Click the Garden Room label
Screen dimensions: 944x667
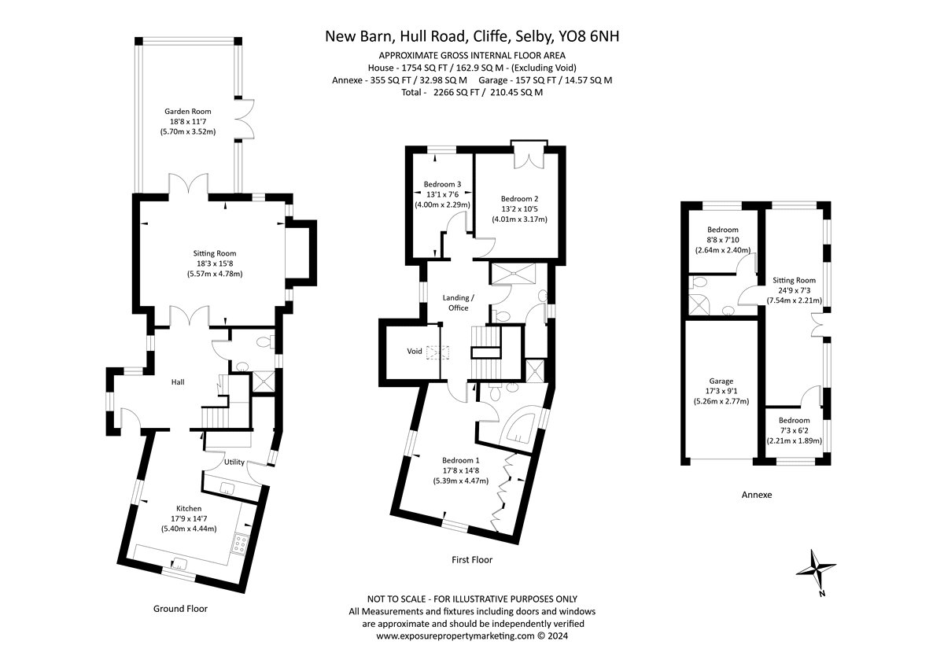click(187, 111)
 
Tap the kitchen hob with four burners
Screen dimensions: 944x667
click(239, 544)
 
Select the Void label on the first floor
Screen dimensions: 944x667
click(415, 351)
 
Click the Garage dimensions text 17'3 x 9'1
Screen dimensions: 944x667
click(721, 391)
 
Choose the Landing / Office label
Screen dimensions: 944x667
click(458, 303)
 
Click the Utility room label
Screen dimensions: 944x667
click(234, 462)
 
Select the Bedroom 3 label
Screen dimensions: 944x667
click(442, 184)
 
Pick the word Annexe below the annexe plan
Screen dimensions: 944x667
click(757, 495)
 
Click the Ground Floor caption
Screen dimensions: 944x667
click(180, 609)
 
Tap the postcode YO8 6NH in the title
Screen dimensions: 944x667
click(588, 37)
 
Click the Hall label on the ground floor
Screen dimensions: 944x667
click(178, 382)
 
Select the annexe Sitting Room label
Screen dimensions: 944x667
click(794, 280)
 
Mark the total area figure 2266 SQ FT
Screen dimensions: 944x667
click(456, 92)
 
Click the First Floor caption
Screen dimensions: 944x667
click(472, 559)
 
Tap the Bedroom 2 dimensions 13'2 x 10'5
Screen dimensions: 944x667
click(519, 209)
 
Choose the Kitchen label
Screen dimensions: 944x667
click(189, 509)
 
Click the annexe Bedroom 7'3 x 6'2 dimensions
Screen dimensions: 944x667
click(794, 430)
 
